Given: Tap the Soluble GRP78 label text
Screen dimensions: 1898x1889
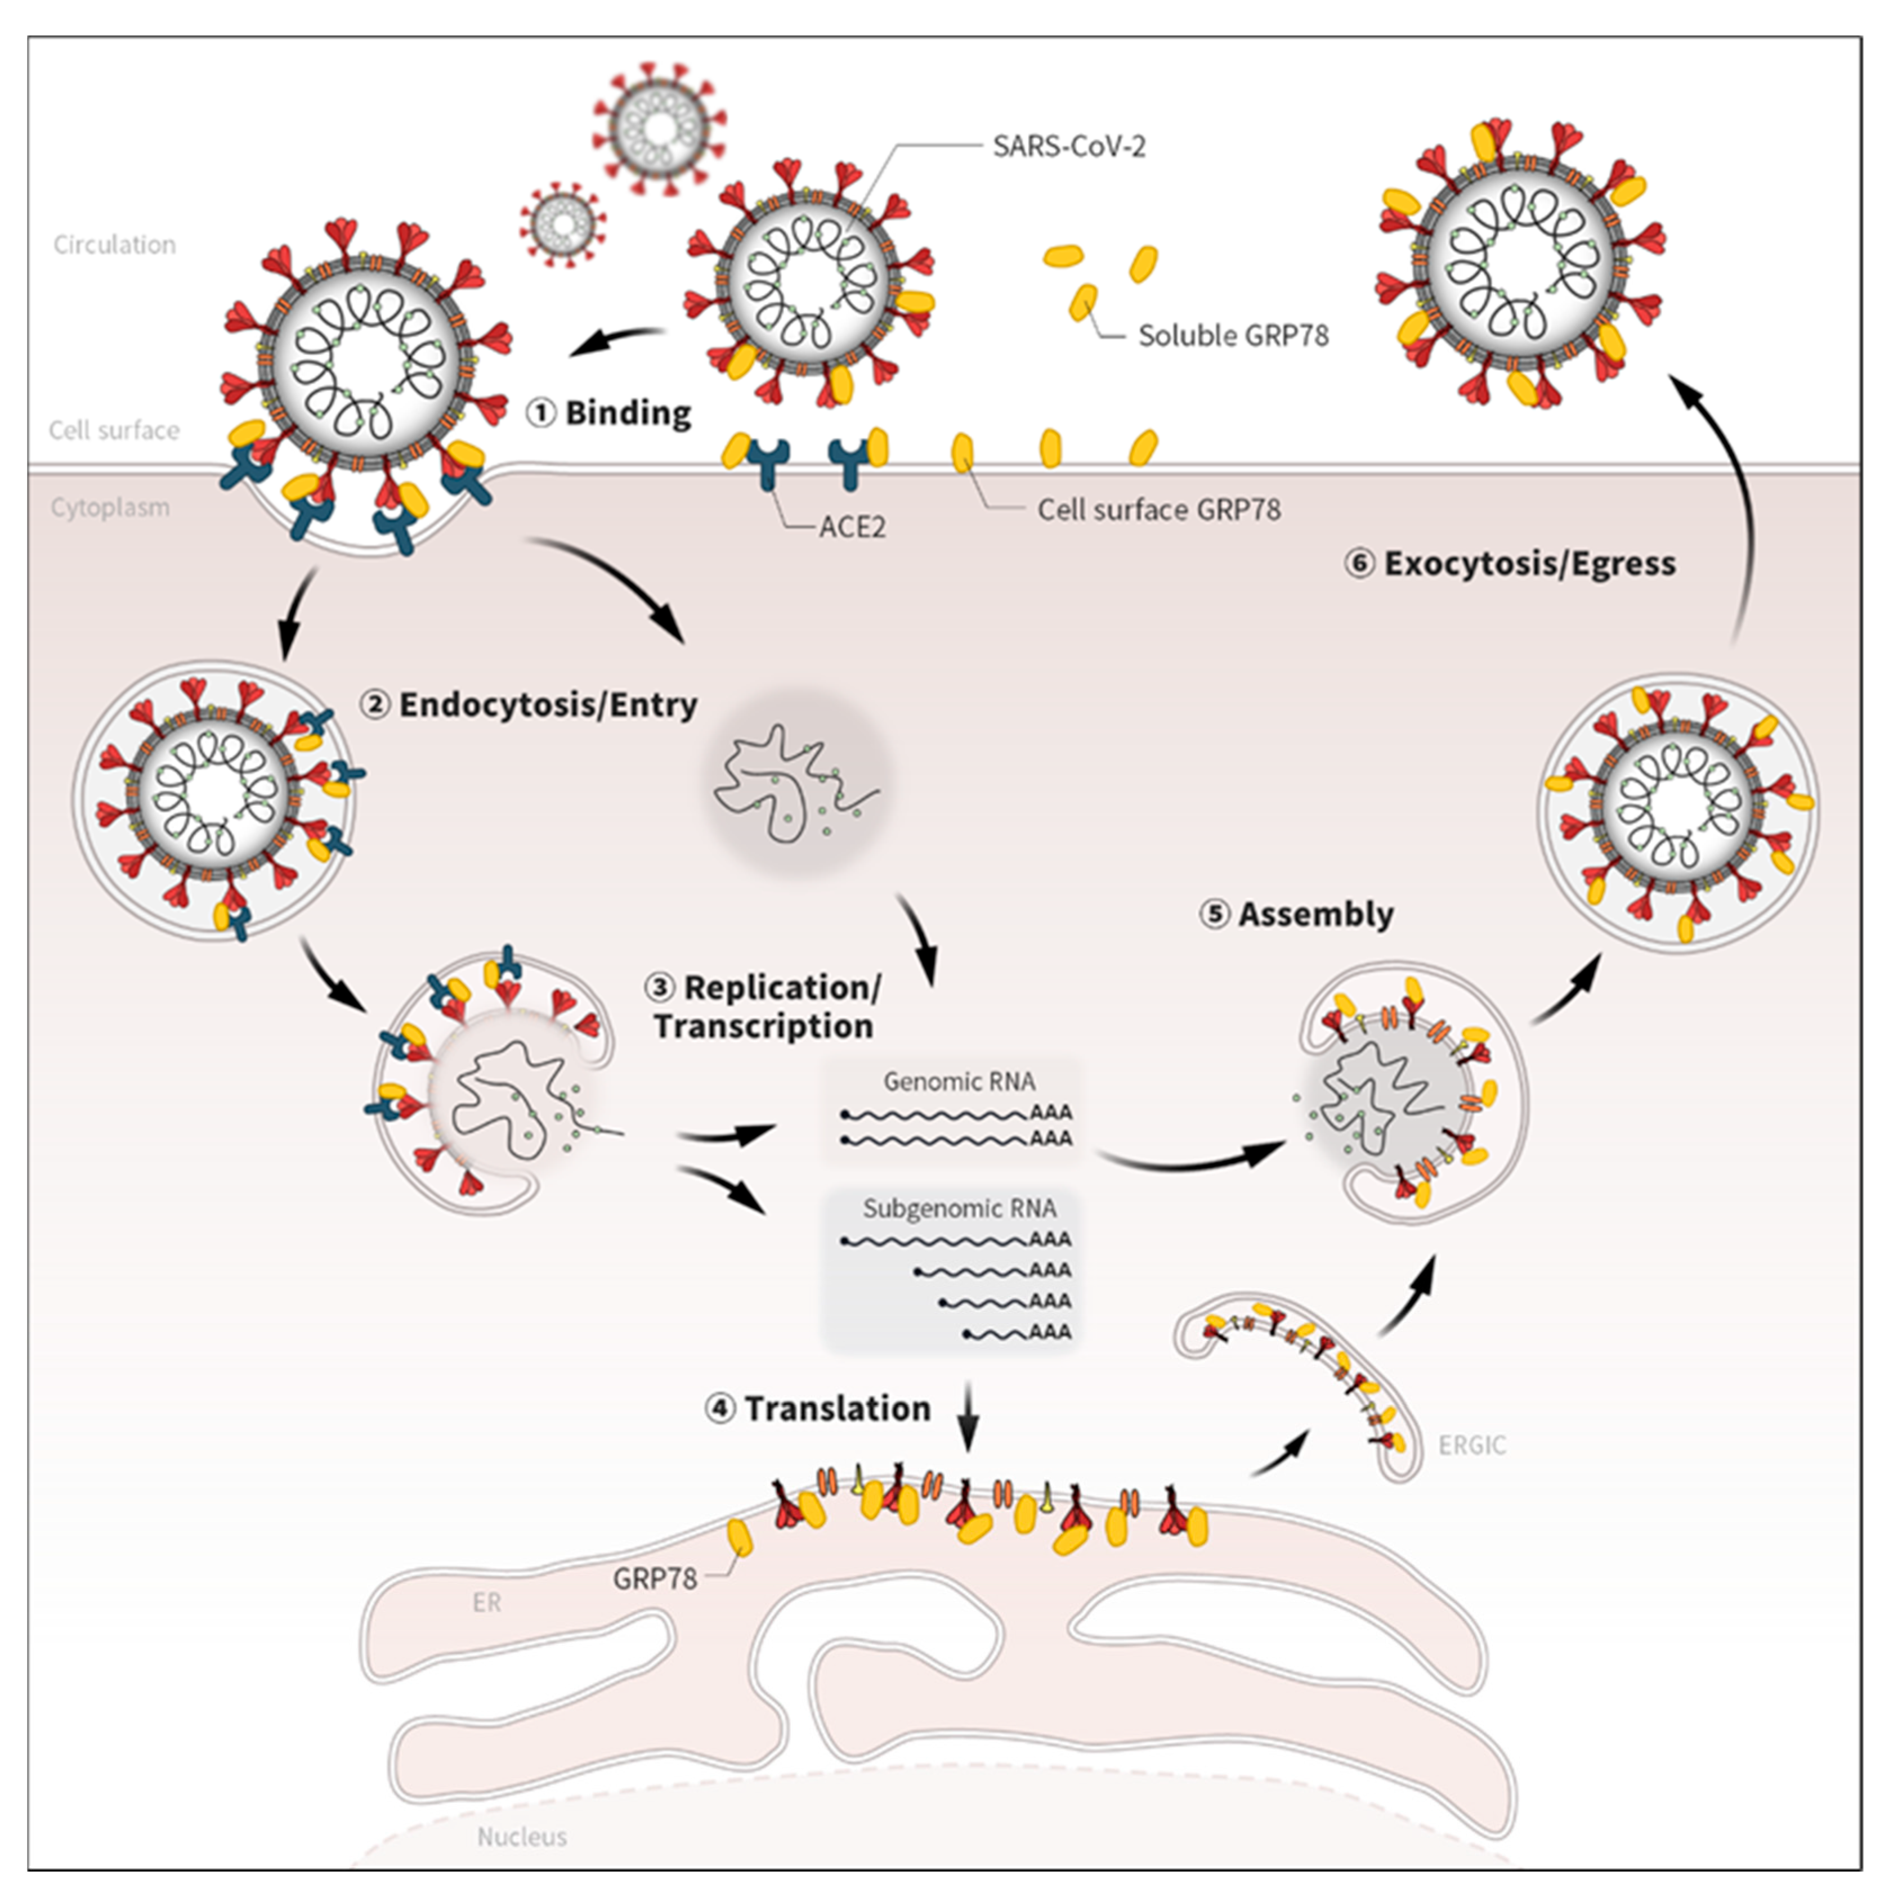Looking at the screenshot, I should pos(1233,336).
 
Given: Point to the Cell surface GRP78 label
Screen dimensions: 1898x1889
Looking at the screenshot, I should pos(1159,510).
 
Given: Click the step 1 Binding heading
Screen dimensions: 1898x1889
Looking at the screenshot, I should pos(610,412).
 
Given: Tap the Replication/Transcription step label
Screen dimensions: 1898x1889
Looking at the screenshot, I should pos(764,1007).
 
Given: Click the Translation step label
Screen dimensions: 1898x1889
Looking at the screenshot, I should pos(818,1409).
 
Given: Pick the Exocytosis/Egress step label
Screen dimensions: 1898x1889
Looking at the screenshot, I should pos(1511,564).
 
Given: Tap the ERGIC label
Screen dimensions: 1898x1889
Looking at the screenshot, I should pos(1471,1445).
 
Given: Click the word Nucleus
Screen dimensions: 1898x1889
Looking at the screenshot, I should pos(522,1836).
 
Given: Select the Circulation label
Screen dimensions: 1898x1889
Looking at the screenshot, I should pos(115,245).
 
